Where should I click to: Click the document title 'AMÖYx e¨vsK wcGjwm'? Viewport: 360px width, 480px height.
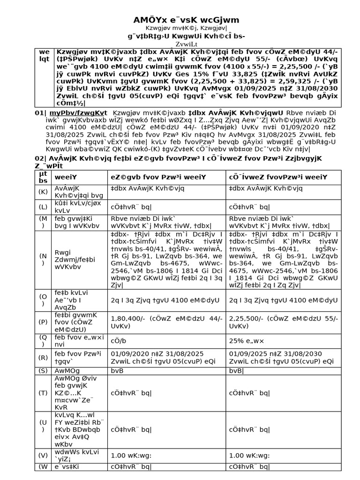[180, 20]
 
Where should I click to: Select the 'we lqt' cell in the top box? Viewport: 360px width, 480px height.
[44, 56]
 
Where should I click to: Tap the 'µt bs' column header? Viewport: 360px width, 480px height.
[43, 177]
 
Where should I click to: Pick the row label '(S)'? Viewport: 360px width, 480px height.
[43, 370]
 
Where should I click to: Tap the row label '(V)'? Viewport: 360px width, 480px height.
[43, 455]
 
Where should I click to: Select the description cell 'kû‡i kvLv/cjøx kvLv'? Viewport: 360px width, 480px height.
[72, 207]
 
